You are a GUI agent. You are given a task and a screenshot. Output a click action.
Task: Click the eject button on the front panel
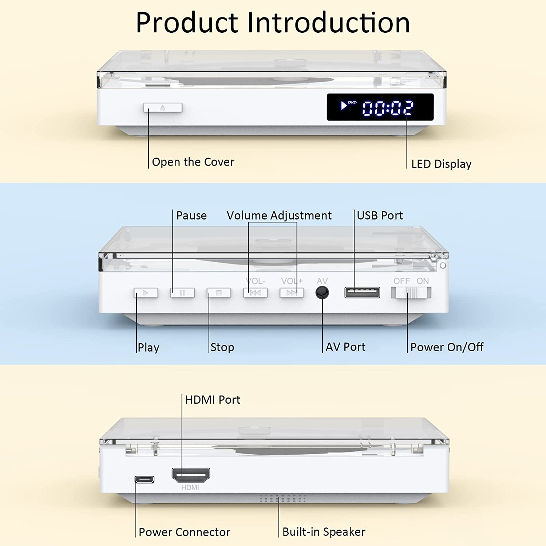[x=163, y=107]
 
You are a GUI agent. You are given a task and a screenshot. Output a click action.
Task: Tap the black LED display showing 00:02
[x=380, y=107]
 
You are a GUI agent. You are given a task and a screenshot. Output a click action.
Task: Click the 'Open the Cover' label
[x=193, y=162]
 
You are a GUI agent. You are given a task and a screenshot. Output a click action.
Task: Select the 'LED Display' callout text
[x=441, y=164]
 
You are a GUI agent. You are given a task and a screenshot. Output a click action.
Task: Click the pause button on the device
[x=182, y=293]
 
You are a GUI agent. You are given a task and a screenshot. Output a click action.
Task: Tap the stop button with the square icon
[x=219, y=293]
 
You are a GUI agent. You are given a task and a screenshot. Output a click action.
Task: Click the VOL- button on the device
[x=255, y=293]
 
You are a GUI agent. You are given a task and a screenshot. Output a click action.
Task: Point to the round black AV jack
[x=322, y=293]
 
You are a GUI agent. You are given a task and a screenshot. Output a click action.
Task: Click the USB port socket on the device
[x=362, y=292]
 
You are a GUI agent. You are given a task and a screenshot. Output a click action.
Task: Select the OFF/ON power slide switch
[x=411, y=293]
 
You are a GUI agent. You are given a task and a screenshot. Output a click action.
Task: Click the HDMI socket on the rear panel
[x=191, y=475]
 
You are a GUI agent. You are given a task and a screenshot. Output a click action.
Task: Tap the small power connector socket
[x=145, y=479]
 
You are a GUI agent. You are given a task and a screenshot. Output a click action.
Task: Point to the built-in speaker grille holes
[x=283, y=498]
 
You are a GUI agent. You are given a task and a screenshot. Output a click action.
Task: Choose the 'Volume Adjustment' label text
[x=279, y=215]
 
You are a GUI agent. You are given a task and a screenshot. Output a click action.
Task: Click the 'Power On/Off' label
[x=447, y=347]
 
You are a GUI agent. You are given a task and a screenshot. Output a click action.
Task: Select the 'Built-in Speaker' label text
[x=324, y=532]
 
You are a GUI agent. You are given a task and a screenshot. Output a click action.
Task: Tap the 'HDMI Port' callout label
[x=213, y=400]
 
